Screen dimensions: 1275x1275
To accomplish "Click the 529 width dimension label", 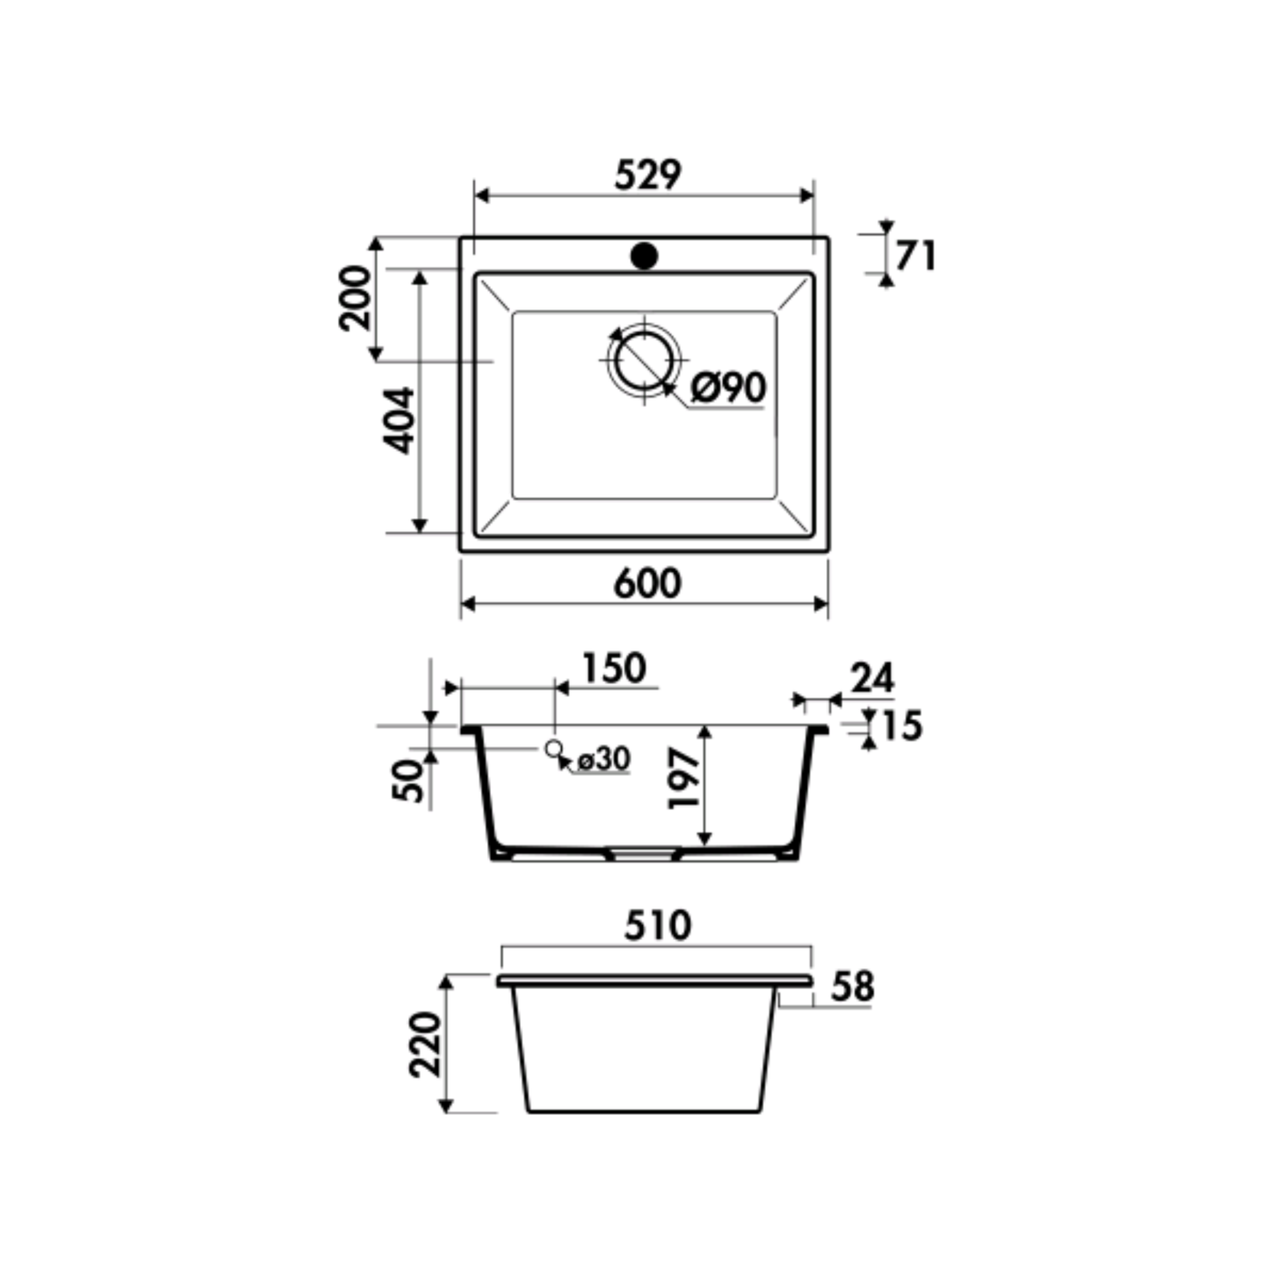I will [648, 174].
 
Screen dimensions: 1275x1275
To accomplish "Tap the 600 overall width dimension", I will [647, 584].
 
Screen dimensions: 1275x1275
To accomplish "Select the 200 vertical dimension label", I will [355, 298].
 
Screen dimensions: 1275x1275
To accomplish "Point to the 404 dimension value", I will [398, 420].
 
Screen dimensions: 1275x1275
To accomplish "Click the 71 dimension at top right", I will [915, 256].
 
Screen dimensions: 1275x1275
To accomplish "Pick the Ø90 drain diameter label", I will [728, 388].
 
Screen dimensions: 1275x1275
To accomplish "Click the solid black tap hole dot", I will [644, 257].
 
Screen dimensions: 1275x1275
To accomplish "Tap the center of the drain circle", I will [644, 361].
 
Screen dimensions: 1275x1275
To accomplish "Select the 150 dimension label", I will [614, 668].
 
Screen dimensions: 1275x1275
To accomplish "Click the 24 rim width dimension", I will [872, 678].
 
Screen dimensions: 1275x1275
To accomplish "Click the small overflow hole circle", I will [552, 749].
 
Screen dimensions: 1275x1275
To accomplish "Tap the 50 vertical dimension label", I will [409, 780].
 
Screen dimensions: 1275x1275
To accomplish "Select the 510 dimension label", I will [658, 926].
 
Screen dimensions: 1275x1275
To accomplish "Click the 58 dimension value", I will [852, 987].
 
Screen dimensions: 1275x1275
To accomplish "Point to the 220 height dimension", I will [424, 1045].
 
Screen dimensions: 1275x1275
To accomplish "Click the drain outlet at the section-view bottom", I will [642, 853].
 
